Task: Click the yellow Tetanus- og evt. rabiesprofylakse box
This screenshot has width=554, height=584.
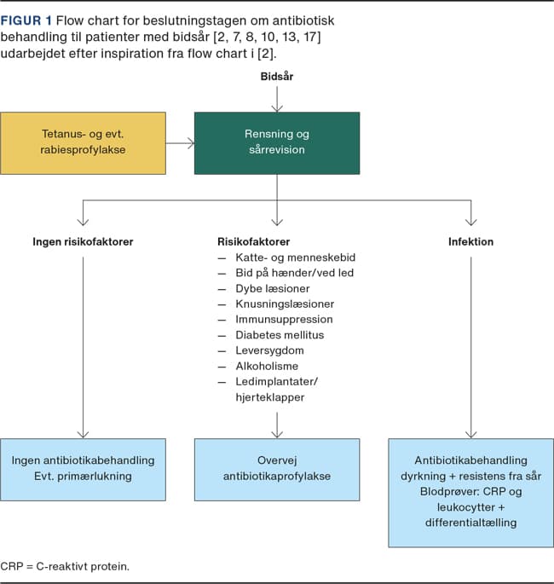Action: click(83, 143)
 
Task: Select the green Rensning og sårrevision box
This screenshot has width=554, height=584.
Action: click(277, 143)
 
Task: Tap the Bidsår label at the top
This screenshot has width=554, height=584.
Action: click(277, 77)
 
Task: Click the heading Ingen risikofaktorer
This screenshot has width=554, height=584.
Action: click(83, 242)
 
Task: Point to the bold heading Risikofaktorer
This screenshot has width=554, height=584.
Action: click(253, 242)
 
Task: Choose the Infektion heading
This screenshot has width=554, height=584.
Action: click(471, 242)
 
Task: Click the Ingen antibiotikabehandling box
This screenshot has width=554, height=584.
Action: click(83, 470)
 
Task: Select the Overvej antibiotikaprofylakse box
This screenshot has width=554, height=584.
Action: click(277, 470)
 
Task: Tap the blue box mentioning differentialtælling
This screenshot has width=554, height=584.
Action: click(471, 493)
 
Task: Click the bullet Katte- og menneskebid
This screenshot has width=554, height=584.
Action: click(296, 257)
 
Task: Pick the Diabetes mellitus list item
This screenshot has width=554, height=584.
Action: click(280, 335)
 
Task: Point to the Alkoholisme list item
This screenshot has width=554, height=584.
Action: click(267, 366)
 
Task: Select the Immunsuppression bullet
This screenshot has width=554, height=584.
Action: click(284, 319)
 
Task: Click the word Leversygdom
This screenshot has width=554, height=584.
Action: click(269, 350)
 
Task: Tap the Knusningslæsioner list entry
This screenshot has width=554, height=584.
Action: click(285, 304)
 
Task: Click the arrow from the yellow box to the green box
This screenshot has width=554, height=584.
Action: click(180, 143)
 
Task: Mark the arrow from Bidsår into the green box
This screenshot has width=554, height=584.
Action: click(277, 99)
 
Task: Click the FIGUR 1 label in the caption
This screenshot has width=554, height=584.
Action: click(26, 20)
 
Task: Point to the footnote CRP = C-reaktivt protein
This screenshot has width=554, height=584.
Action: click(65, 566)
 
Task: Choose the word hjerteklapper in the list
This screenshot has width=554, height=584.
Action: click(270, 397)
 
